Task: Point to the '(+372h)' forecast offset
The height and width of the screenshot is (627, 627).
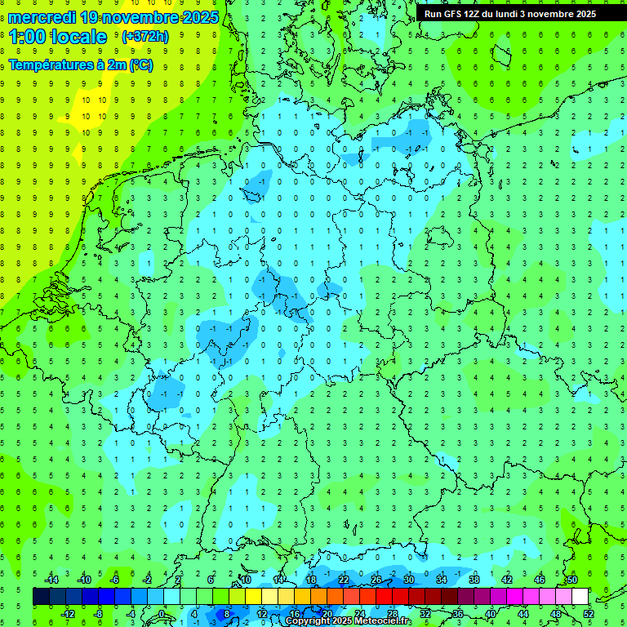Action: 145,37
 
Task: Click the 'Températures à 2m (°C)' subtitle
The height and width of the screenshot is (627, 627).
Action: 80,64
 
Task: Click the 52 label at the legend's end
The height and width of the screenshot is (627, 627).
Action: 588,613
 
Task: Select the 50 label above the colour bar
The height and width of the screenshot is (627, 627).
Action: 571,580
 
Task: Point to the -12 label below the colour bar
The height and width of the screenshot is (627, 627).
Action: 68,613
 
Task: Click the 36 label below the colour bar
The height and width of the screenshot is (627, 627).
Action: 457,613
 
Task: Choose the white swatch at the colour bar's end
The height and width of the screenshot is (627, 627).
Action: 580,597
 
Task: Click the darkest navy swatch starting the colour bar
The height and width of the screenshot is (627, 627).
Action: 41,597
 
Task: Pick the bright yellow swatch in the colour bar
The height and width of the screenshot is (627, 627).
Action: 253,597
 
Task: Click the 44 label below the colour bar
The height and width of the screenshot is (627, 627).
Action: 523,613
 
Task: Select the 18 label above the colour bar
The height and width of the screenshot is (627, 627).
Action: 311,580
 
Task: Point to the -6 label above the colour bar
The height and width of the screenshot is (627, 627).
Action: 115,580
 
